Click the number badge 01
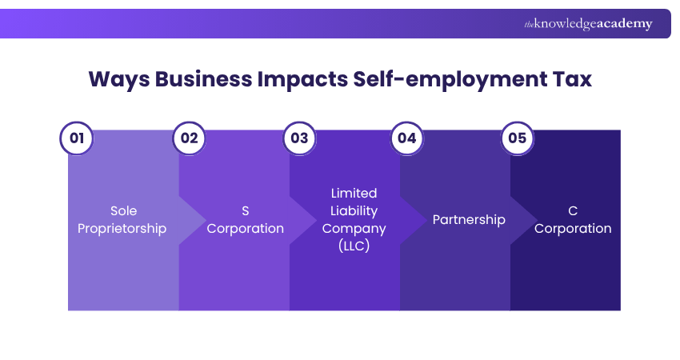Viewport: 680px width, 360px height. (77, 138)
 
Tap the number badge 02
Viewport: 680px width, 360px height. (189, 138)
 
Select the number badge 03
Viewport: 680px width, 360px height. (299, 138)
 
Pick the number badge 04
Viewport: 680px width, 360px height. (406, 138)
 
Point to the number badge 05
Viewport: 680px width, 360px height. (517, 138)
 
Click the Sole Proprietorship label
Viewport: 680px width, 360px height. (123, 220)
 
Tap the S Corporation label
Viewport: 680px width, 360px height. (245, 220)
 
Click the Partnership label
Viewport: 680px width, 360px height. (469, 219)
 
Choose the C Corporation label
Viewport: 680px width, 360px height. (573, 220)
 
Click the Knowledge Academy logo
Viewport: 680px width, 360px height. (588, 24)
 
